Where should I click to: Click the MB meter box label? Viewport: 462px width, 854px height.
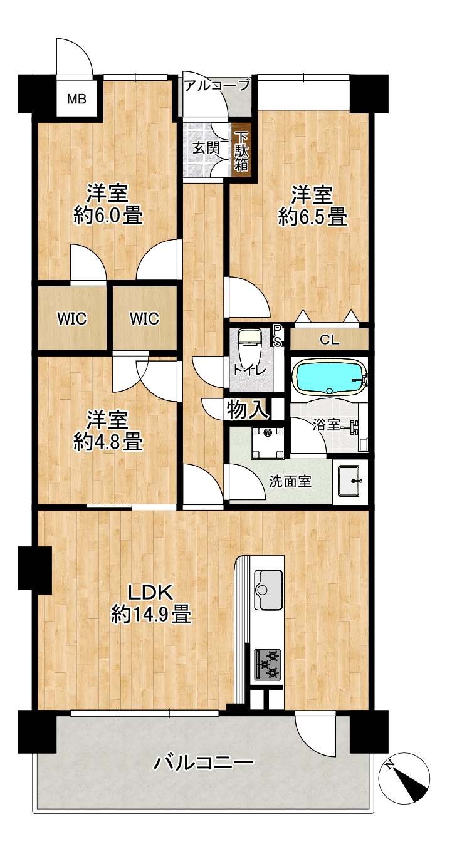point(76,100)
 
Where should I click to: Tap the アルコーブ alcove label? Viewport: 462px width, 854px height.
point(218,85)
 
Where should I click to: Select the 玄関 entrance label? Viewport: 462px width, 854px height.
point(206,148)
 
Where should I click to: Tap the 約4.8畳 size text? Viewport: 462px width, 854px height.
point(108,441)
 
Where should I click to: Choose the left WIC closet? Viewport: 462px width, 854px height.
point(72,318)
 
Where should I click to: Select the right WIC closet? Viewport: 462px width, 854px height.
point(145,318)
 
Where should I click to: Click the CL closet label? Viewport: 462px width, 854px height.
point(329,340)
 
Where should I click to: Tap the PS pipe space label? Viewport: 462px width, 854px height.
point(277,336)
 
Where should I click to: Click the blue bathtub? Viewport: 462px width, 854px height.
point(330,377)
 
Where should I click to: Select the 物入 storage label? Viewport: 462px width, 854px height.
point(247,410)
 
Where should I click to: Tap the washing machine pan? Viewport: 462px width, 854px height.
point(268,442)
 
